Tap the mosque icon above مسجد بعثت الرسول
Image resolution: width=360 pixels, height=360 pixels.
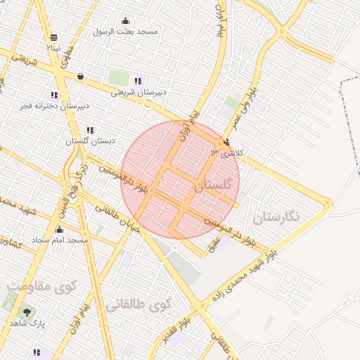[x=126, y=20]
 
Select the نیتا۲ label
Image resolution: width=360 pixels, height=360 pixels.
[x=53, y=48]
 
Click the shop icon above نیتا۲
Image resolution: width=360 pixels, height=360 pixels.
[x=54, y=37]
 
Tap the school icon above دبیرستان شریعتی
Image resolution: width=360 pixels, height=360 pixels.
[x=137, y=81]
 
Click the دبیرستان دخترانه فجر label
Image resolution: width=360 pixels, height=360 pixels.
[x=56, y=105]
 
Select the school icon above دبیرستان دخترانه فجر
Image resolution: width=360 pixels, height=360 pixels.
[x=54, y=95]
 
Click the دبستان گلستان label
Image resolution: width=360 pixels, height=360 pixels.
[x=90, y=141]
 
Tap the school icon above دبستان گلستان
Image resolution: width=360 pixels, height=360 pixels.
[x=89, y=131]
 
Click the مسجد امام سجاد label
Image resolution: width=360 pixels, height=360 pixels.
[x=63, y=240]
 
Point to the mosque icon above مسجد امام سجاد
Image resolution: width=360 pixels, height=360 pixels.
[x=59, y=230]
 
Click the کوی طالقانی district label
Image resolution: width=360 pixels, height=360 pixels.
[x=139, y=305]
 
